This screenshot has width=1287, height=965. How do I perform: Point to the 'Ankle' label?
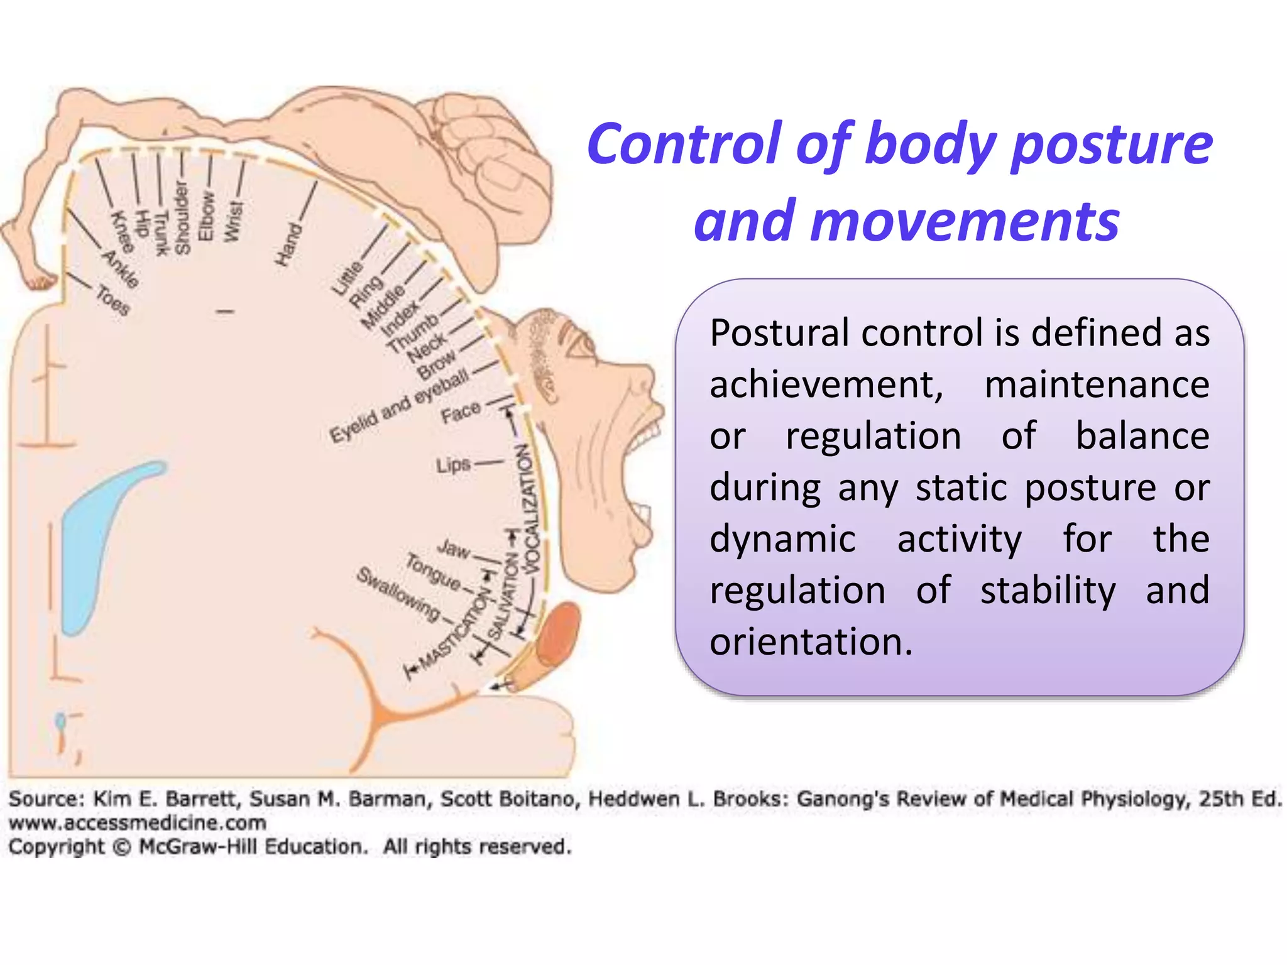pos(120,269)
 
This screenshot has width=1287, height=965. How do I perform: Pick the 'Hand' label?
pos(288,244)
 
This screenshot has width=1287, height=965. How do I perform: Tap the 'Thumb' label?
pos(412,333)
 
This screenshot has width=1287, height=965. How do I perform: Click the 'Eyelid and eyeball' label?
pos(399,405)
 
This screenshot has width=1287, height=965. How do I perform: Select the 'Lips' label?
pos(453,466)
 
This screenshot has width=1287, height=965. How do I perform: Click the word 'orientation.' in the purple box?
pos(811,642)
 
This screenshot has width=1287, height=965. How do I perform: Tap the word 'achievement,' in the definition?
pos(826,384)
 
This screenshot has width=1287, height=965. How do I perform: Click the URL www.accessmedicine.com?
pos(137,822)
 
